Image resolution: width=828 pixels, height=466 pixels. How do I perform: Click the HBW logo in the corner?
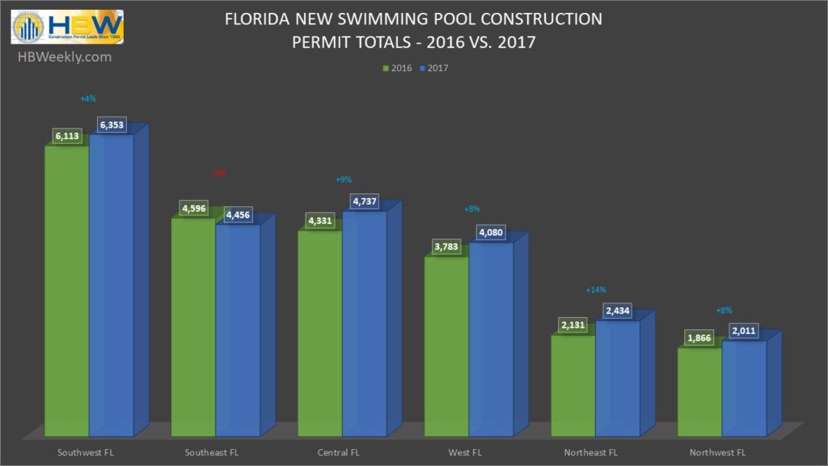pyautogui.click(x=67, y=27)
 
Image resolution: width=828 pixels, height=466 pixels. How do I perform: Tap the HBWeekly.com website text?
pyautogui.click(x=63, y=57)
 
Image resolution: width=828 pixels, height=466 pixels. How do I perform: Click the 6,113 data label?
pyautogui.click(x=68, y=137)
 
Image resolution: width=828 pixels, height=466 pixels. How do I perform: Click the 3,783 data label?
pyautogui.click(x=447, y=248)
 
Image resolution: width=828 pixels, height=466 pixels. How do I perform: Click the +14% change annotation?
pyautogui.click(x=596, y=290)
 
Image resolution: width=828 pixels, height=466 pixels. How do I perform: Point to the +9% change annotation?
pyautogui.click(x=343, y=180)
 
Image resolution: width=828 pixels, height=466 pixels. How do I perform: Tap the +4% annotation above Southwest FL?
pyautogui.click(x=88, y=99)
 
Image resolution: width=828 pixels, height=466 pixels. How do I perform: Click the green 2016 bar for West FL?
pyautogui.click(x=446, y=348)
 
